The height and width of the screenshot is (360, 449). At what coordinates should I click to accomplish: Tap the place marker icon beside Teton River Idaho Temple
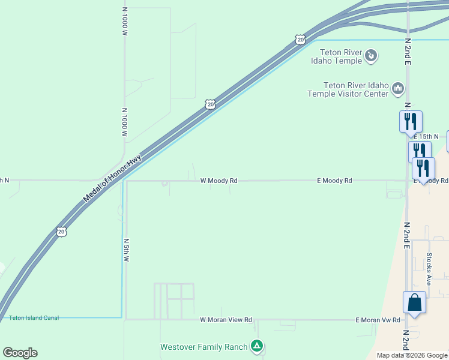(x=371, y=56)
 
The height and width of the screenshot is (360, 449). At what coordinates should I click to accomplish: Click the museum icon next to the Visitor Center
(x=397, y=89)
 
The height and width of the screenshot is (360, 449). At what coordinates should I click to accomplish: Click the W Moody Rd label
(x=218, y=180)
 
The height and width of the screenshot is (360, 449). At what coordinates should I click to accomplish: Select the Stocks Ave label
(x=429, y=268)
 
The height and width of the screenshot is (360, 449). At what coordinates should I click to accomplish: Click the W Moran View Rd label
(x=226, y=320)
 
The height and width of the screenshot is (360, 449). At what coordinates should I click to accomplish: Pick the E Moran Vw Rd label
(x=378, y=320)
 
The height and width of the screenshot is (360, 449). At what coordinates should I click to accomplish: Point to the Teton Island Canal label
(x=34, y=318)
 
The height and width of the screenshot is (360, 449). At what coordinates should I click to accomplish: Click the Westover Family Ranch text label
(x=203, y=347)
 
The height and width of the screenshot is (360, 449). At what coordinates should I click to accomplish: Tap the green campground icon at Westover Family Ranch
(x=257, y=346)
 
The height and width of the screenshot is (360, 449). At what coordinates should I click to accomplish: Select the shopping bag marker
(x=414, y=302)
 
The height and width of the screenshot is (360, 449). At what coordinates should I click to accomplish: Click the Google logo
(x=20, y=353)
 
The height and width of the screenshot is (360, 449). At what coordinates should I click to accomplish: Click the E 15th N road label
(x=426, y=137)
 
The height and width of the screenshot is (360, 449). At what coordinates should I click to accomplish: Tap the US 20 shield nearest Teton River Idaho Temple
(x=300, y=39)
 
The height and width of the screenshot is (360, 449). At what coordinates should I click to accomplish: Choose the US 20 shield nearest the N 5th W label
(x=61, y=231)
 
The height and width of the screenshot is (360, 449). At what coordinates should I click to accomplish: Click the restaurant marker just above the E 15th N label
(x=411, y=121)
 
